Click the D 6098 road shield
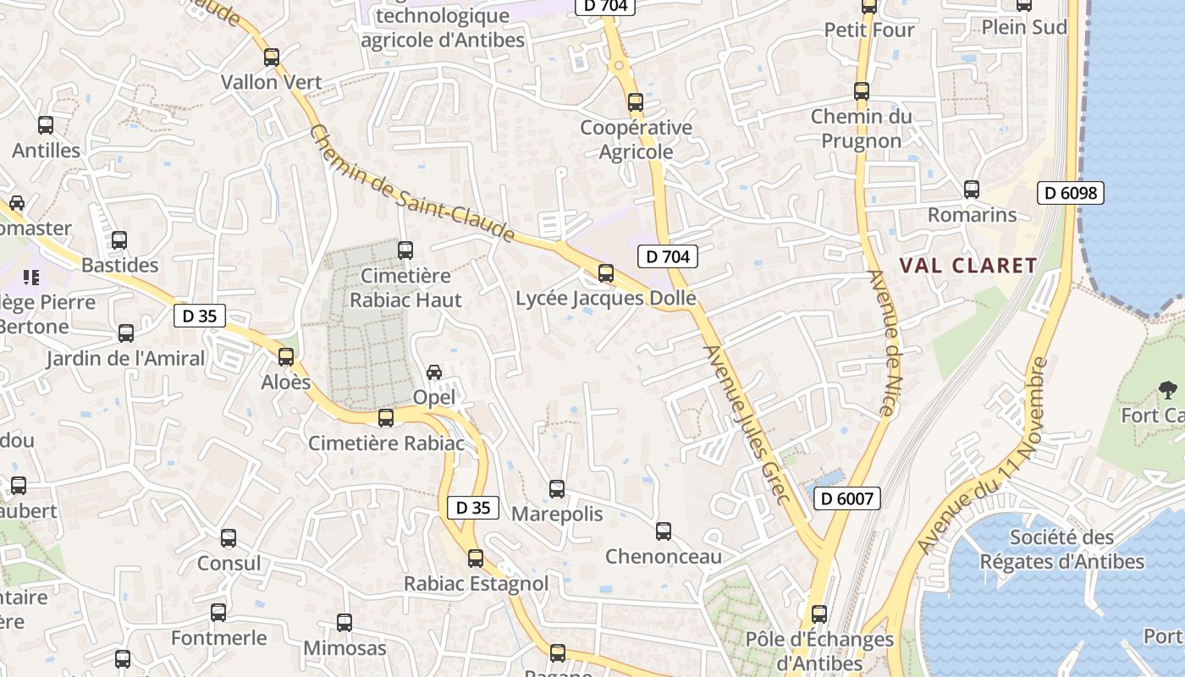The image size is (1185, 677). pyautogui.click(x=1071, y=193)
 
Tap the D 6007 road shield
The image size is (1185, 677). pyautogui.click(x=847, y=498)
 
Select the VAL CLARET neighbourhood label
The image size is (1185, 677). pyautogui.click(x=967, y=266)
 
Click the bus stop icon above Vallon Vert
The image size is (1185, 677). pyautogui.click(x=272, y=58)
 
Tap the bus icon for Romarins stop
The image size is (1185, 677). pyautogui.click(x=972, y=190)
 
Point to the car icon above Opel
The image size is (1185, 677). pyautogui.click(x=434, y=372)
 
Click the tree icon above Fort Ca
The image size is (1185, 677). pyautogui.click(x=1168, y=390)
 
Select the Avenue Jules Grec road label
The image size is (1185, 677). pyautogui.click(x=747, y=423)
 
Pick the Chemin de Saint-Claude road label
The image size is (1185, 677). pyautogui.click(x=412, y=182)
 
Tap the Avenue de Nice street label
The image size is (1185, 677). pyautogui.click(x=883, y=343)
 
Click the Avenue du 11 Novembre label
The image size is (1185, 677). pyautogui.click(x=983, y=457)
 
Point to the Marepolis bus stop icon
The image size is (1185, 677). pyautogui.click(x=557, y=489)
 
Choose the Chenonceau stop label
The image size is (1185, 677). pyautogui.click(x=663, y=556)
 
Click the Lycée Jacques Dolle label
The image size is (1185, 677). pyautogui.click(x=605, y=298)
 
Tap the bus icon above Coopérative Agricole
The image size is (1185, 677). pyautogui.click(x=636, y=102)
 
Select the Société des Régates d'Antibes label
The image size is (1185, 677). pyautogui.click(x=1062, y=549)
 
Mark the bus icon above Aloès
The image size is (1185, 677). pyautogui.click(x=286, y=357)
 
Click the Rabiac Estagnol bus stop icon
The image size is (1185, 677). pyautogui.click(x=476, y=559)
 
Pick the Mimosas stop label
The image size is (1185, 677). pyautogui.click(x=344, y=648)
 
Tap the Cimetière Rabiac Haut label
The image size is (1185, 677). pyautogui.click(x=405, y=288)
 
